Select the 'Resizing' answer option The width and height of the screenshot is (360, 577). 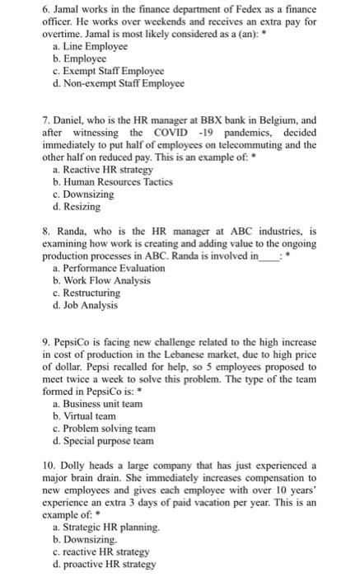tap(82, 206)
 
